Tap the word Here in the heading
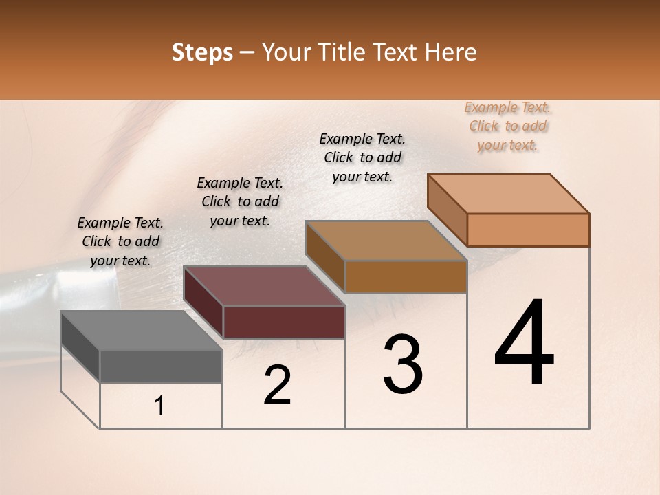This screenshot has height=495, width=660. coord(451,52)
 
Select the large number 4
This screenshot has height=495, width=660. coord(524,344)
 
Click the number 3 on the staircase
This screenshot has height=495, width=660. coord(403,365)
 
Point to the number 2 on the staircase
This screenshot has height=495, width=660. coord(277,385)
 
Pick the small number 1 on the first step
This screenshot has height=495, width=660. coord(159,406)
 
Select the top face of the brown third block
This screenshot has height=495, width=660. coord(386,241)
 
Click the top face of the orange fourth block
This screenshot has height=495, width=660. coord(508,194)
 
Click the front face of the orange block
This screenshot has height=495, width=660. coord(528,230)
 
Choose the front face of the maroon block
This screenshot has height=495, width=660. coord(284,322)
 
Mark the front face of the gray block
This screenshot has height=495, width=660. coord(161,366)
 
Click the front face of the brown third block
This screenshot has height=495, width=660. coord(406,277)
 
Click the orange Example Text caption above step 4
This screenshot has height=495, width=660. coord(507,126)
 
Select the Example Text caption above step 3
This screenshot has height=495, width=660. coord(362,157)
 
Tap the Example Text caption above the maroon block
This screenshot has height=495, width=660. coord(240,201)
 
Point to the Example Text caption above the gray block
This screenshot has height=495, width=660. coord(120,241)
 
